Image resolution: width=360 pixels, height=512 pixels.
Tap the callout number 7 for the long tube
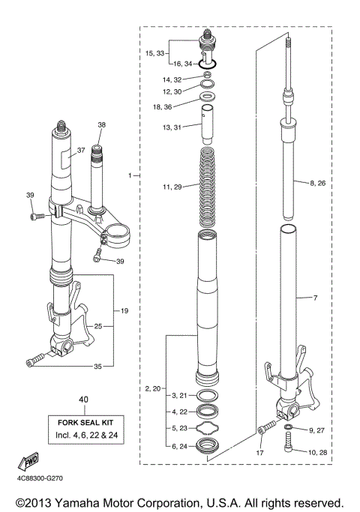(315, 298)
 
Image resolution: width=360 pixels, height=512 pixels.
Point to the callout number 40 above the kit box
(82, 400)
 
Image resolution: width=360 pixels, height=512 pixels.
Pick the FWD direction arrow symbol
(31, 460)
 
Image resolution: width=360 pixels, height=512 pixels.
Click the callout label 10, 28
(318, 451)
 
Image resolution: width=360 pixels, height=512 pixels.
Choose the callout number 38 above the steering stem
(101, 124)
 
